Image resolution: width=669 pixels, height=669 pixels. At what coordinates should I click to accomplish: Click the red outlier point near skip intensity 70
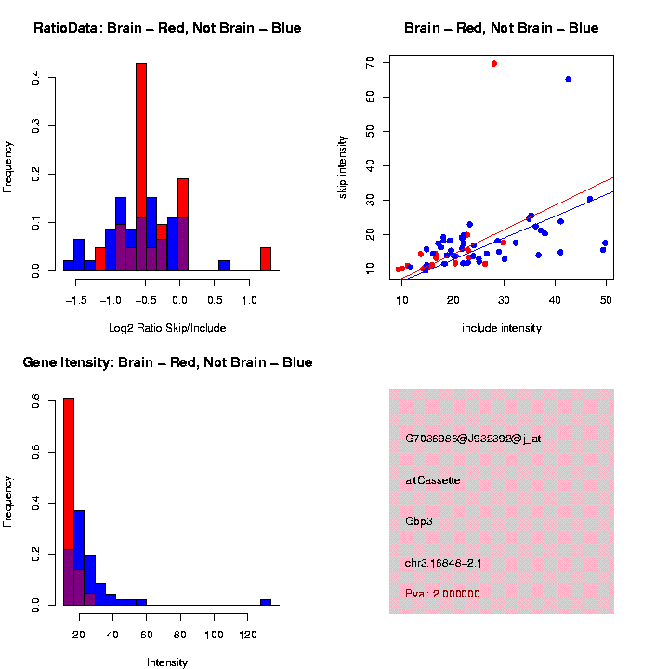[493, 63]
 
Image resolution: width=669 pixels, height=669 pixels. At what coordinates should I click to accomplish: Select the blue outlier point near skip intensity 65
[568, 79]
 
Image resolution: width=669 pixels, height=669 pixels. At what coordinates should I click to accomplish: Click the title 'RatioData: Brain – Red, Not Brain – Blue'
[167, 28]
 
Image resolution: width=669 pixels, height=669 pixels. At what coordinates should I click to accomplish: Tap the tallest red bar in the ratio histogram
[141, 139]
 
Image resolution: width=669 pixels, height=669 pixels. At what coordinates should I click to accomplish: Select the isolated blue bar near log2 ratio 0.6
[224, 265]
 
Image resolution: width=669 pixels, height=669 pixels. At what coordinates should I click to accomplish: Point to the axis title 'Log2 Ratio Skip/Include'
[167, 327]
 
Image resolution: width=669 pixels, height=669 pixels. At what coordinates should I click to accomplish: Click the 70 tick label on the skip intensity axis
[370, 62]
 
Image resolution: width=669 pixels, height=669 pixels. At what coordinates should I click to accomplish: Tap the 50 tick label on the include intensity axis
[605, 301]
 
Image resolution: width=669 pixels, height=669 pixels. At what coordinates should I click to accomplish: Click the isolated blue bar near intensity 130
[266, 602]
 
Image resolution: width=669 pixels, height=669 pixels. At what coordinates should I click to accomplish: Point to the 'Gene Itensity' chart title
[167, 361]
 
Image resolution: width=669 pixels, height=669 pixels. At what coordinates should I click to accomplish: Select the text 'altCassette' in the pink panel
[432, 479]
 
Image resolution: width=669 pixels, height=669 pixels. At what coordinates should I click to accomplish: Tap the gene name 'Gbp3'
[419, 521]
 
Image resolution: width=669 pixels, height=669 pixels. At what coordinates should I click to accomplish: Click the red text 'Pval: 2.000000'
[442, 593]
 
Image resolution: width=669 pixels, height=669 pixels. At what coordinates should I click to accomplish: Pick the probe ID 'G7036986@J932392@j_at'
[473, 438]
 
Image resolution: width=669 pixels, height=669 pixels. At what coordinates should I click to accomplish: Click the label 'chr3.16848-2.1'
[442, 562]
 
